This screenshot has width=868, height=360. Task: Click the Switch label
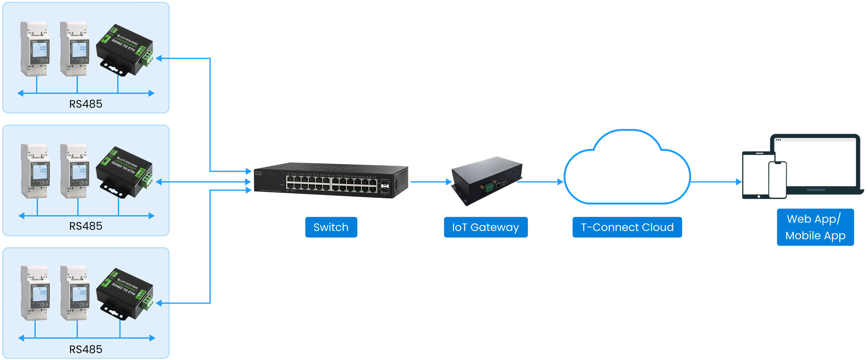point(331,227)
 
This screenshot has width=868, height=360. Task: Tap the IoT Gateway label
point(485,227)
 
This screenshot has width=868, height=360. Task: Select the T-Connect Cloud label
point(627,227)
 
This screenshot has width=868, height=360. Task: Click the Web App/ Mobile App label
point(815,227)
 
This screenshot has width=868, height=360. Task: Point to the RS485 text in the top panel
point(86,104)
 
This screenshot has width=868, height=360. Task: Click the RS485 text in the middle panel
point(86,226)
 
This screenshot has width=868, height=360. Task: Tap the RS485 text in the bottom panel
point(86,349)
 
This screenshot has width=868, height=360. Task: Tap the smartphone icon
point(777,180)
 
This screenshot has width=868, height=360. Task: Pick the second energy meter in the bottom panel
point(74,293)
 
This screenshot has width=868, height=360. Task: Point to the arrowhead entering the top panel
point(159,58)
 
